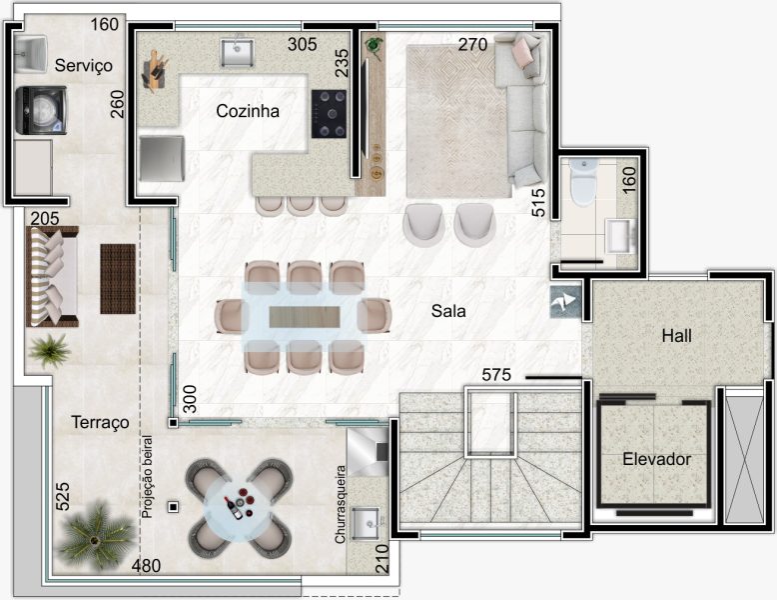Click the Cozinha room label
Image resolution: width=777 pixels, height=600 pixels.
coord(248,111)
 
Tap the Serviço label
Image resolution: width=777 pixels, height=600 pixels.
coord(83,66)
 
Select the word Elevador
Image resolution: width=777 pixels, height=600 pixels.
coord(656,459)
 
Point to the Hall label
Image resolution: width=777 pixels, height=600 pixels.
coord(676,336)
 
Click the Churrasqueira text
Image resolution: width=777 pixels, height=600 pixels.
coord(340,504)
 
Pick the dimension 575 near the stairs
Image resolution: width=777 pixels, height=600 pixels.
coord(496,375)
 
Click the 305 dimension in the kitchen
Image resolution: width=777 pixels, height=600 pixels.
coord(303,44)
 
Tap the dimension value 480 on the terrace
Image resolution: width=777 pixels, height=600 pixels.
coord(146,565)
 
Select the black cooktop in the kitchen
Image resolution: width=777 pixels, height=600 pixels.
coord(329,114)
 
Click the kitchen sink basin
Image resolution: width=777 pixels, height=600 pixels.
coord(237,52)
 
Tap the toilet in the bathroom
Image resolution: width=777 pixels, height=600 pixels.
coord(583,182)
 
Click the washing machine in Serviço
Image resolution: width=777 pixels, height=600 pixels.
coord(41,110)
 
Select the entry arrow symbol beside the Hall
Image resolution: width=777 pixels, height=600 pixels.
coord(565,301)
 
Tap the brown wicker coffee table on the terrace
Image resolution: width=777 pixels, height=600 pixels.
coord(118,278)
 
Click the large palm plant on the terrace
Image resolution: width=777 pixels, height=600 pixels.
coord(96,535)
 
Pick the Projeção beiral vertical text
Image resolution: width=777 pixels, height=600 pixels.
coord(147,477)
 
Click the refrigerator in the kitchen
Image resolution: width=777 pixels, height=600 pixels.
coord(162,158)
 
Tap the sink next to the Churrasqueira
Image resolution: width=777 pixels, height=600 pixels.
coord(366,524)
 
